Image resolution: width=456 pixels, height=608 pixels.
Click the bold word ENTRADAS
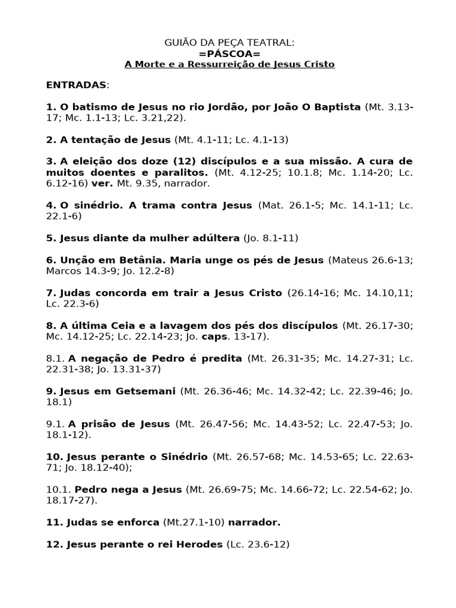click(x=76, y=85)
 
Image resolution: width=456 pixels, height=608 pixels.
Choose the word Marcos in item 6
click(x=61, y=271)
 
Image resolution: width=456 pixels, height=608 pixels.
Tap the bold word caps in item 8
click(x=211, y=337)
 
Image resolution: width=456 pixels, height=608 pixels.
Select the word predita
click(x=221, y=359)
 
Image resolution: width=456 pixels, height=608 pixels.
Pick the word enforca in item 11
click(x=138, y=522)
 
